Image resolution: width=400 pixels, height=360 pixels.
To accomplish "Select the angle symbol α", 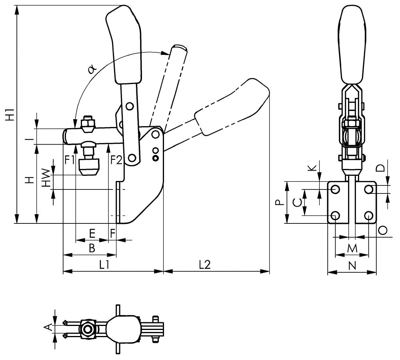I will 92,69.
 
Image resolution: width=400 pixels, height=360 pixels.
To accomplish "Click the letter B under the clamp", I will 92,248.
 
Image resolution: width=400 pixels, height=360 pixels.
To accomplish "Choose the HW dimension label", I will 47,178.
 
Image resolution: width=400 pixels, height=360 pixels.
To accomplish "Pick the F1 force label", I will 70,160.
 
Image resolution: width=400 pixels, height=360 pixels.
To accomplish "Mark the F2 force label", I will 116,160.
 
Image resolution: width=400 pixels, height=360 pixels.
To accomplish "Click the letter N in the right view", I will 352,265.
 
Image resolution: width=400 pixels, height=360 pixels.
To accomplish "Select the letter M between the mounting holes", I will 352,249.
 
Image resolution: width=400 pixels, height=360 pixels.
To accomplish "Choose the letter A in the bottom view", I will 48,328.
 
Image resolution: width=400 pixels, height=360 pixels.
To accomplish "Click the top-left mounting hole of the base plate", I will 335,189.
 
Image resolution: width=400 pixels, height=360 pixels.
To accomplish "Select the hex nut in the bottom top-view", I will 87,329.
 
